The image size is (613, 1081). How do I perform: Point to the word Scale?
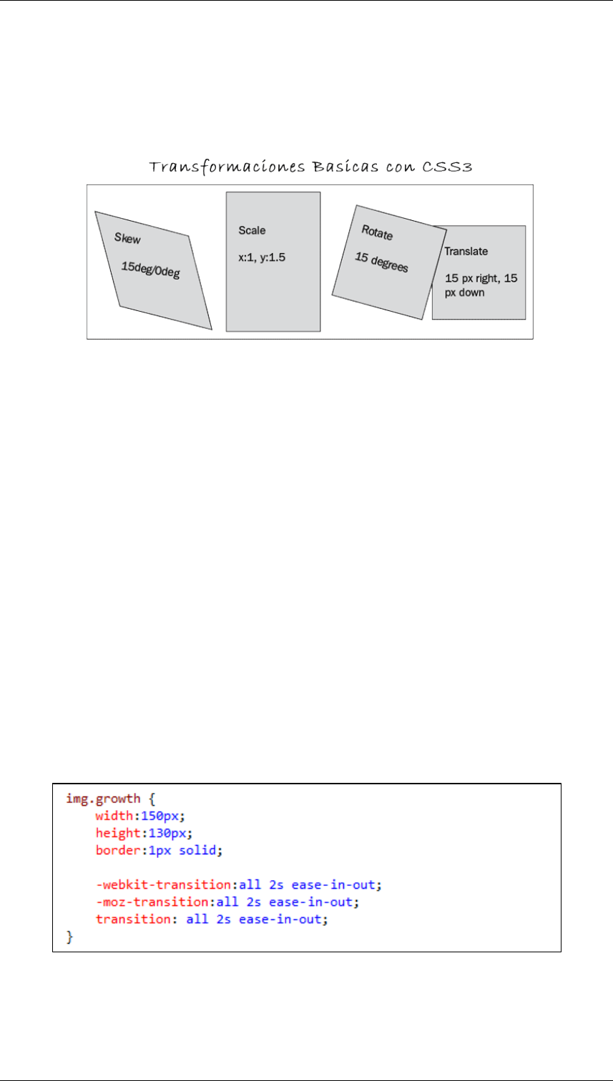pyautogui.click(x=252, y=230)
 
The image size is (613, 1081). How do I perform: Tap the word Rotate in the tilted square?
pyautogui.click(x=377, y=232)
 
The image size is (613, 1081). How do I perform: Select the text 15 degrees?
pyautogui.click(x=381, y=262)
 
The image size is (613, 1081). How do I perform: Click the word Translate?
pyautogui.click(x=466, y=252)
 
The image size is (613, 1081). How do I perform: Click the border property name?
pyautogui.click(x=113, y=851)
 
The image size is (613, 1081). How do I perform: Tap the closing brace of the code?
pyautogui.click(x=69, y=936)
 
